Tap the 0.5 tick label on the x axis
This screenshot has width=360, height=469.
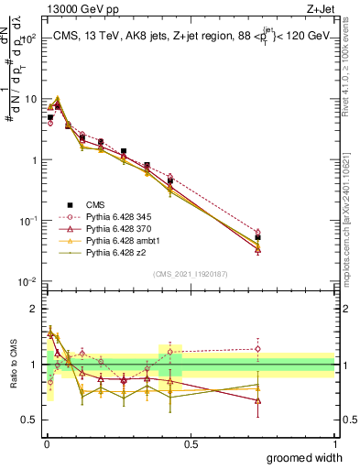[191, 443]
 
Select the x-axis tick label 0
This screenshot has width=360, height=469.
[46, 443]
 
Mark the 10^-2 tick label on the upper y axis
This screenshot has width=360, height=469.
[27, 282]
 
